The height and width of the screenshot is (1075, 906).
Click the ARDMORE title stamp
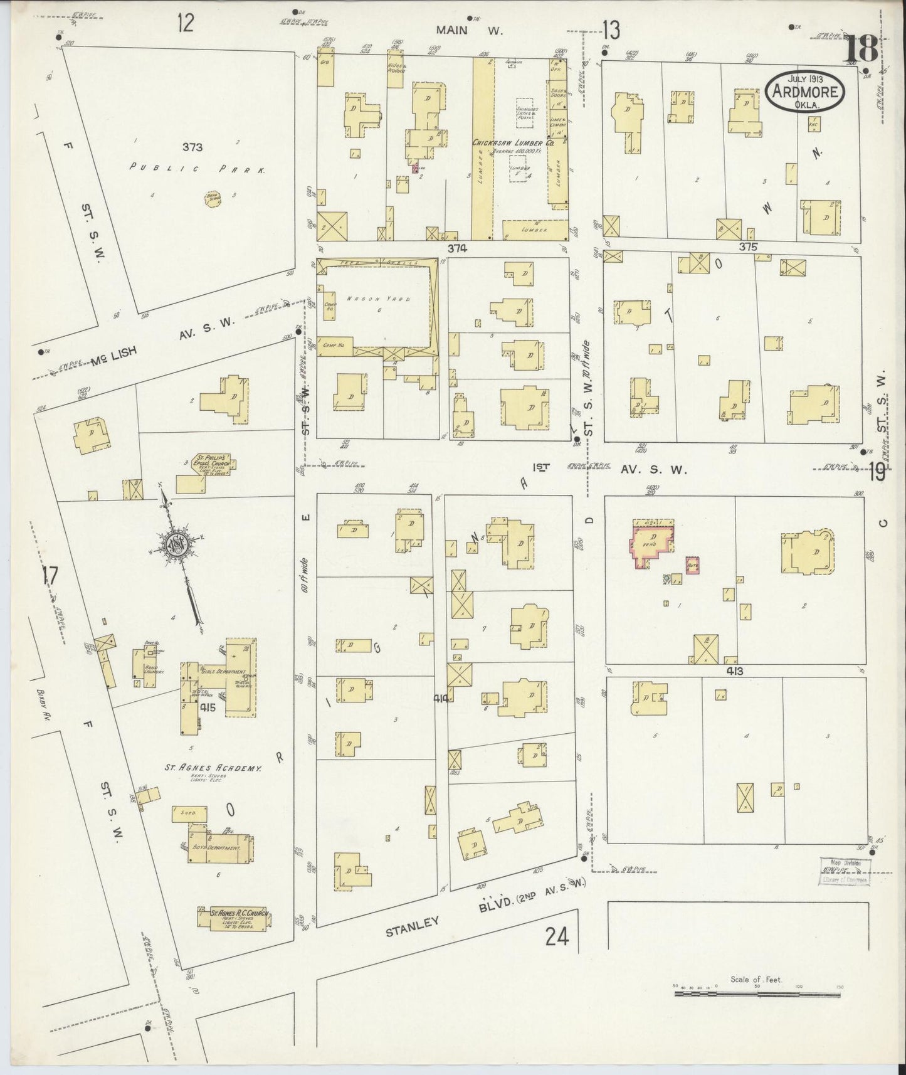click(x=805, y=91)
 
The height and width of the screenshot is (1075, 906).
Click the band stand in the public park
click(x=211, y=199)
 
